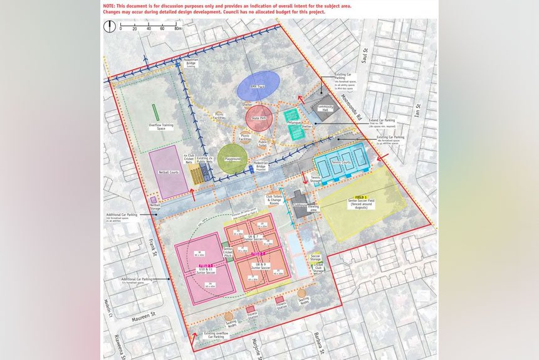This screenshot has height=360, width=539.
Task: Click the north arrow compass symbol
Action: pyautogui.click(x=111, y=26)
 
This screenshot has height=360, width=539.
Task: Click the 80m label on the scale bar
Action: pyautogui.click(x=177, y=29)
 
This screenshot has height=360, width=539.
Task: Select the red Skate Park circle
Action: pyautogui.click(x=259, y=118)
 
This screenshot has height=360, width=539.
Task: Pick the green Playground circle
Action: pyautogui.click(x=233, y=158)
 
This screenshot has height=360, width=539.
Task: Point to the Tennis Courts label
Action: pyautogui.click(x=342, y=162)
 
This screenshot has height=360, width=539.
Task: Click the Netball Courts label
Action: pyautogui.click(x=168, y=171)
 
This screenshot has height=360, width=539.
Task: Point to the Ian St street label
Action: pyautogui.click(x=415, y=110)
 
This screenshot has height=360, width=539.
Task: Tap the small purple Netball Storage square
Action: pyautogui.click(x=153, y=200)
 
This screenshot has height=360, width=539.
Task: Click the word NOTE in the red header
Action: pyautogui.click(x=112, y=5)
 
